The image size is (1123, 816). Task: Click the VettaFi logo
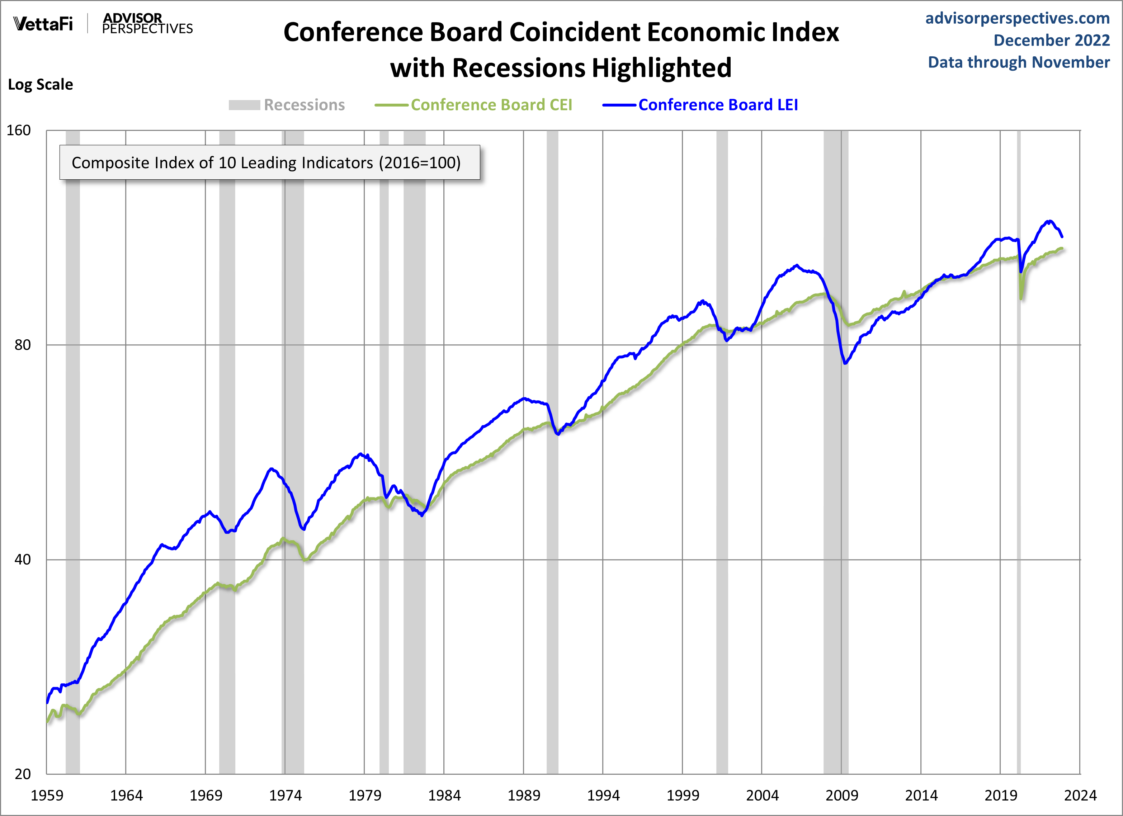(x=43, y=23)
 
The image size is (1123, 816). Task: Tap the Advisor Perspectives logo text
(x=147, y=23)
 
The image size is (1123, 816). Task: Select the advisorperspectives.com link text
(x=1017, y=18)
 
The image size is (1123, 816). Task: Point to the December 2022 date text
(x=1051, y=40)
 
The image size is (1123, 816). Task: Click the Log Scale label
(x=40, y=85)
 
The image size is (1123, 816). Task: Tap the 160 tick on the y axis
(x=18, y=131)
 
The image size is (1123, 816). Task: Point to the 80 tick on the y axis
(x=22, y=345)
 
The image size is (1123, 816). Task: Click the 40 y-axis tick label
(x=22, y=560)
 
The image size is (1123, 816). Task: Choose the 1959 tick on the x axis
(x=47, y=796)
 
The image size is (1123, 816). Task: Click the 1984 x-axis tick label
(x=444, y=796)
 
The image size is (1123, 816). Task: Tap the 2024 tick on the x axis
(x=1080, y=796)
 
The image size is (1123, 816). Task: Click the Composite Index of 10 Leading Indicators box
(x=269, y=162)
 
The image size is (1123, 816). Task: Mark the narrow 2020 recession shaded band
(x=1019, y=495)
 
